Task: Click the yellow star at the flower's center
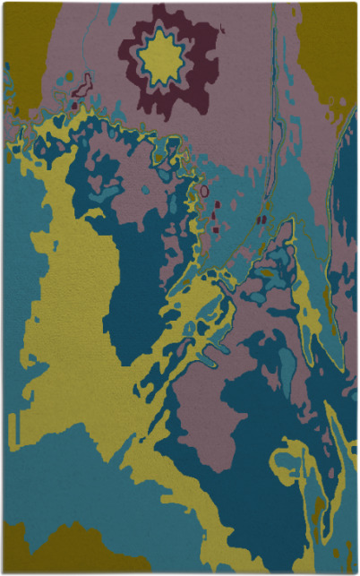coord(161,59)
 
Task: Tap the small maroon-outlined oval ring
coord(204,191)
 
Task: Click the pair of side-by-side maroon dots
coord(261,219)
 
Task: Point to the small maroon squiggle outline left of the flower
coord(82,86)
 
